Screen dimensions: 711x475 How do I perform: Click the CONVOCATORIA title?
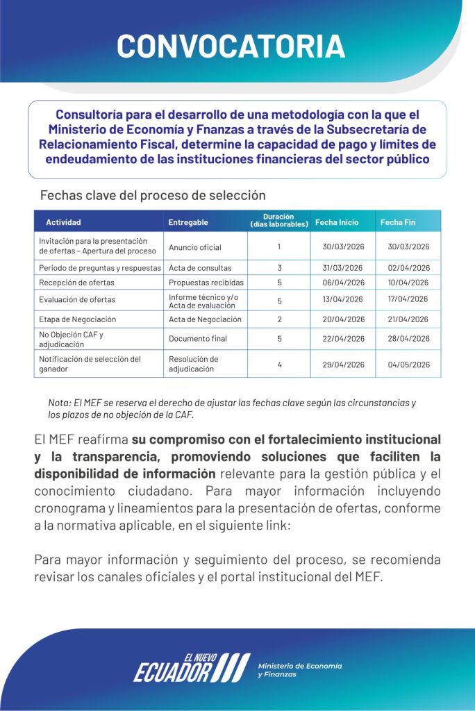coord(231,46)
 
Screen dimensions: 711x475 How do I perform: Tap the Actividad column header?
coord(63,222)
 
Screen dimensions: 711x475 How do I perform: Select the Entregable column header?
coord(187,222)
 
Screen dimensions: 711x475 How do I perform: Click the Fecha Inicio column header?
coord(337,222)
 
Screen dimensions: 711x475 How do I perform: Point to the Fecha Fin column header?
coord(398,222)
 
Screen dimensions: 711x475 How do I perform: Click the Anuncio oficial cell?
coord(195,247)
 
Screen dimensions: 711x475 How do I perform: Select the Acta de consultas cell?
coord(200,268)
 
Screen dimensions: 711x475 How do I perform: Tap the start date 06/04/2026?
coord(343,283)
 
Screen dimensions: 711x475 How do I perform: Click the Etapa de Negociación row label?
coord(78,319)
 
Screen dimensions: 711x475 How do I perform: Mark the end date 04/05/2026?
coord(409,365)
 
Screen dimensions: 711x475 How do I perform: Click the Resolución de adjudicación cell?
coord(194,364)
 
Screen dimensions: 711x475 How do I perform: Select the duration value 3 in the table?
coord(279,268)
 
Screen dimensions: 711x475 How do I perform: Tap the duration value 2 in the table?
coord(279,319)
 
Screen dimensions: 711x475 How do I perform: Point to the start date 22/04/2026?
coord(343,339)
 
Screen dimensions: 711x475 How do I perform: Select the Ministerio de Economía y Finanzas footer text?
coord(299,670)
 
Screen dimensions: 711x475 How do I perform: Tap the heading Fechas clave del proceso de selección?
coord(152,196)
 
